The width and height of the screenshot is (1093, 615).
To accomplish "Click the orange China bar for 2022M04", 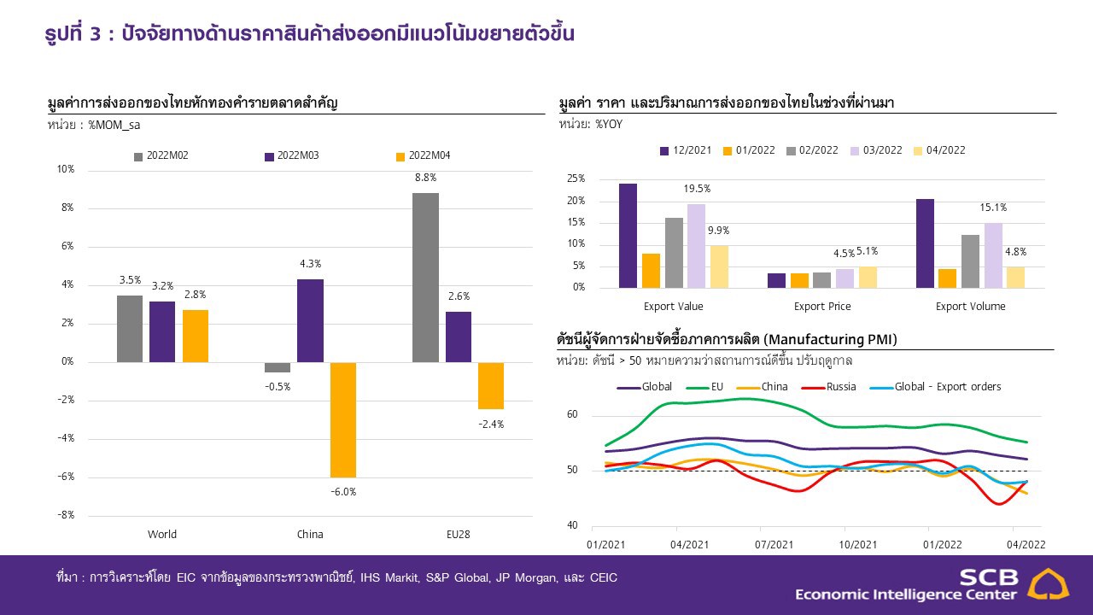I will tap(343, 419).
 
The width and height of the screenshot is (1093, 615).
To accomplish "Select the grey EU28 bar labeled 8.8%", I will tap(425, 278).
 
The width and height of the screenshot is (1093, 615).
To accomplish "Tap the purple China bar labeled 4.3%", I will tap(310, 320).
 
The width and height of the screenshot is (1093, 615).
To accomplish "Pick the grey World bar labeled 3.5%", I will tap(130, 329).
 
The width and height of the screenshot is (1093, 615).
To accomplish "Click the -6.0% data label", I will tap(343, 491).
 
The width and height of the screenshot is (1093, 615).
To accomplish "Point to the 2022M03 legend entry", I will tap(291, 155).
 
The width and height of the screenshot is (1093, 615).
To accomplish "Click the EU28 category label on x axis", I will tap(458, 535).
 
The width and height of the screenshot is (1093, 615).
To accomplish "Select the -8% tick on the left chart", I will tap(66, 515).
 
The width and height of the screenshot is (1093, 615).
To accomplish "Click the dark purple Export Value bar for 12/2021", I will tap(628, 236).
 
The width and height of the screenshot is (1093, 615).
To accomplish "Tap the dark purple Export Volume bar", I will tap(925, 243).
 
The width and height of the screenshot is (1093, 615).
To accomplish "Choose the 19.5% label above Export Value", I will tap(697, 189).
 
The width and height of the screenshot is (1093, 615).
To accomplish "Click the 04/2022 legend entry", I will tap(938, 150).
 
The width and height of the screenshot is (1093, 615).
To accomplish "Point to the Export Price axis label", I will tap(822, 306).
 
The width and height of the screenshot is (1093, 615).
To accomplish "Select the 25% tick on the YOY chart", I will tap(576, 179).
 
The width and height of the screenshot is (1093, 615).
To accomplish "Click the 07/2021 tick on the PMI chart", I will tap(774, 544).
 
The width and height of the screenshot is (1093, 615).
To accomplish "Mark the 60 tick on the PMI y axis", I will tap(572, 415).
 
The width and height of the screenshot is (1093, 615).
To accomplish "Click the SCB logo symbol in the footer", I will tap(1047, 584).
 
